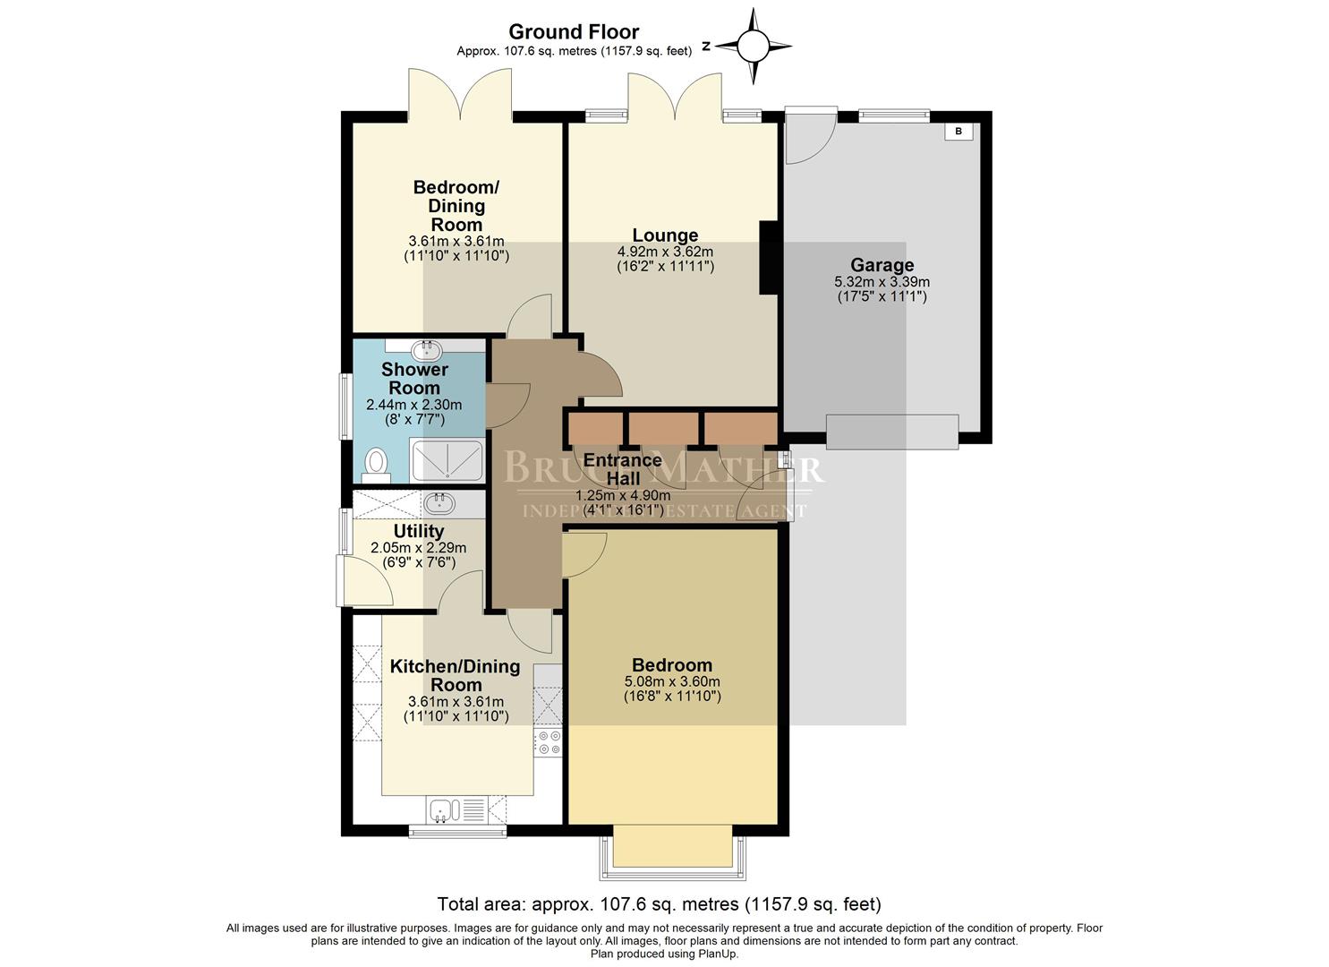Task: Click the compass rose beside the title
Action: (x=753, y=45)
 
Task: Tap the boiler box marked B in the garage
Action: (x=958, y=132)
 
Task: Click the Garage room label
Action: (x=882, y=265)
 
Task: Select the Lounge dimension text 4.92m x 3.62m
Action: (x=665, y=252)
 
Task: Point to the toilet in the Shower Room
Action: (x=377, y=464)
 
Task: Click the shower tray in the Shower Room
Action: (x=447, y=461)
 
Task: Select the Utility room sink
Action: (x=439, y=501)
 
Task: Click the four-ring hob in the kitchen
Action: (x=548, y=742)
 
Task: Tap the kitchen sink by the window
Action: (x=444, y=810)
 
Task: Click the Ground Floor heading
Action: (x=574, y=32)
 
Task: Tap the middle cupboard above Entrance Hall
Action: (x=663, y=428)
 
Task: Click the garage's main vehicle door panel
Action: (x=891, y=431)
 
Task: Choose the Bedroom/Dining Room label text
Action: (x=456, y=206)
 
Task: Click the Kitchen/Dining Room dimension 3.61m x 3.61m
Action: (x=456, y=702)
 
